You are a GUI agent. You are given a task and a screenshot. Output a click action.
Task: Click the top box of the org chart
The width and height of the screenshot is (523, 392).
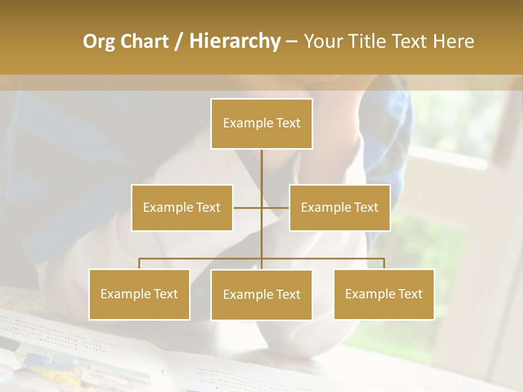[261, 124]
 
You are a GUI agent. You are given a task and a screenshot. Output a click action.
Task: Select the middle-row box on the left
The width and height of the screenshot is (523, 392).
[182, 207]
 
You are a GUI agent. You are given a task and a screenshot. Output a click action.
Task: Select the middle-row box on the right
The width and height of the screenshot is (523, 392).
[339, 207]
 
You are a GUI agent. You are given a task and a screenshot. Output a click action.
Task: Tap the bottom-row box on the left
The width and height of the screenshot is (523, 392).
[139, 294]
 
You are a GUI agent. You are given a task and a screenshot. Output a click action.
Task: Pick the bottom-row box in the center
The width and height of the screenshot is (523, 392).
[261, 295]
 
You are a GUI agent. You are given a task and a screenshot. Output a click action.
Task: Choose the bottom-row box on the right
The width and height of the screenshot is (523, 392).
[384, 294]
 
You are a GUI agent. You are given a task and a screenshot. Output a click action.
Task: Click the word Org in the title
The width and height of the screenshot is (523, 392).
[99, 41]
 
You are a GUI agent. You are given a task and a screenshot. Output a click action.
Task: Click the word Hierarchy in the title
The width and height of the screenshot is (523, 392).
[234, 41]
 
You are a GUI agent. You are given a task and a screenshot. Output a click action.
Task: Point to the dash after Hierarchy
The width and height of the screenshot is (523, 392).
[291, 41]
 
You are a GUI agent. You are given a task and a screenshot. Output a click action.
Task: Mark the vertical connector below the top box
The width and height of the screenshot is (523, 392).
[261, 174]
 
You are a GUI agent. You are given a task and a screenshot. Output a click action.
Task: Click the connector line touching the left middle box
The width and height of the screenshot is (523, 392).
[247, 207]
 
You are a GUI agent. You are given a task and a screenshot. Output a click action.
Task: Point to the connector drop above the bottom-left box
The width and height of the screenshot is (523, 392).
[139, 264]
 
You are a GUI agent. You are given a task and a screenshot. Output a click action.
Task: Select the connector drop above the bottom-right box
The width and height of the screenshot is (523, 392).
[384, 264]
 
